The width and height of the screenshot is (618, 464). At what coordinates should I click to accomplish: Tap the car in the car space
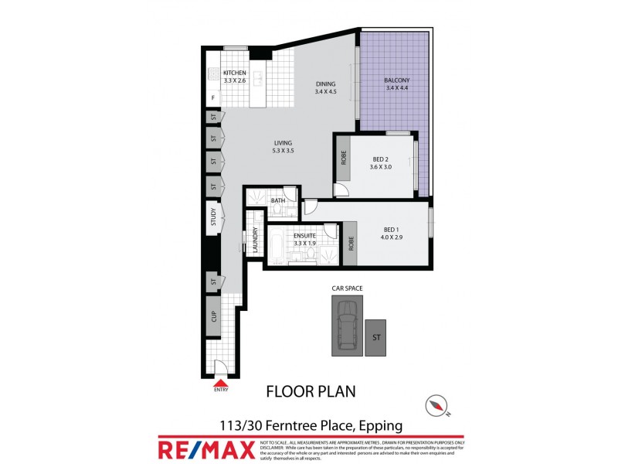tap(348, 325)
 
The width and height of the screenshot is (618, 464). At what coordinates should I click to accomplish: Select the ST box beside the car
tap(376, 337)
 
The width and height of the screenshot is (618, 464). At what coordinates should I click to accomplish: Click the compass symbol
tap(439, 404)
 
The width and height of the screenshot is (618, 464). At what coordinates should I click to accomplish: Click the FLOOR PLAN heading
tap(311, 391)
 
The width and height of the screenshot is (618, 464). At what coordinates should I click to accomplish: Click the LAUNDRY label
tap(254, 240)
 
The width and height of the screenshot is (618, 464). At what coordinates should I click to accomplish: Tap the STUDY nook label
tap(212, 217)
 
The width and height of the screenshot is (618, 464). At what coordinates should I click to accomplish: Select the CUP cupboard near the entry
tap(212, 316)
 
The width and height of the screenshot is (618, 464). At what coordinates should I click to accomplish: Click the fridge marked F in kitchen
tap(212, 98)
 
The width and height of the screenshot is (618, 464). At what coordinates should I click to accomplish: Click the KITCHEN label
tap(235, 73)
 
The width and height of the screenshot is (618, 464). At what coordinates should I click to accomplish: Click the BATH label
tap(278, 201)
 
